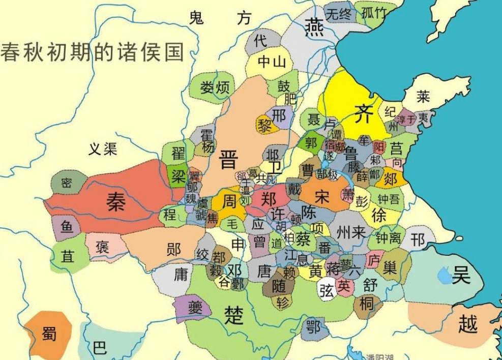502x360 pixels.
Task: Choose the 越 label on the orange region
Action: pos(467,323)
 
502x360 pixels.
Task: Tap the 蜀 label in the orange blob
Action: pos(49,333)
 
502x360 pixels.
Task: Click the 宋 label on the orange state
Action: pos(321,197)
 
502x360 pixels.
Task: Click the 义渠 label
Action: pos(103,148)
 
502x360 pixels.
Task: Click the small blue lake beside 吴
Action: pos(444,276)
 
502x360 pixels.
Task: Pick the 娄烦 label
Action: pos(215,87)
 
